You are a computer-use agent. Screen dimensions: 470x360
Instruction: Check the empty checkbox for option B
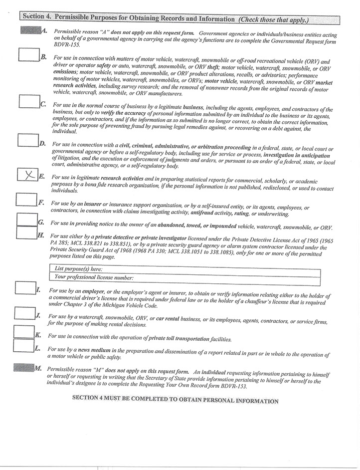pos(28,54)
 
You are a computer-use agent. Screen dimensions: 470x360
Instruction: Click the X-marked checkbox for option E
pos(27,174)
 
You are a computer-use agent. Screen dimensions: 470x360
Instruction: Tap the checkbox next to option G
pos(26,219)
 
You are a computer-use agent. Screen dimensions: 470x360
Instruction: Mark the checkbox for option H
pos(26,232)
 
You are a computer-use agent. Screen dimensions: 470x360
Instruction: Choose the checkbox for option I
pos(25,288)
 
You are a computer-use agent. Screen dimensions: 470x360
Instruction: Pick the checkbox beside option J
pos(24,313)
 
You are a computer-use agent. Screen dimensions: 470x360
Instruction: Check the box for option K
pos(23,331)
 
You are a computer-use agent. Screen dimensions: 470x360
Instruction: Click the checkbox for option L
pos(23,345)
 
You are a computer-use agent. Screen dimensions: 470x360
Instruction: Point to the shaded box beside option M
pos(24,368)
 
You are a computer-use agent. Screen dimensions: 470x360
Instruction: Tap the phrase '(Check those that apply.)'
pos(273,20)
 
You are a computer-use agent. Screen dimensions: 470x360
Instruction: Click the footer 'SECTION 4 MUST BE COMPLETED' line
pos(175,400)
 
